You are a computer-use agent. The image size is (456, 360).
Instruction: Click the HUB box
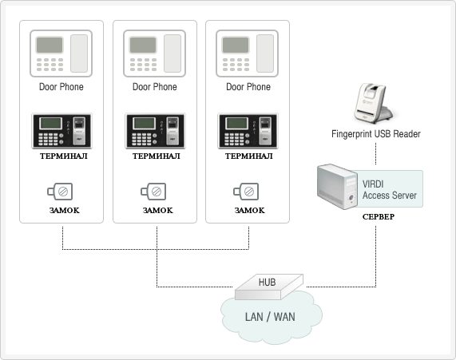pos(269,287)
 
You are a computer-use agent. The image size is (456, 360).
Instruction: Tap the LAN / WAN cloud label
pos(270,317)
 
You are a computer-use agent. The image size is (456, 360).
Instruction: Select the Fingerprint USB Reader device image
pos(374,103)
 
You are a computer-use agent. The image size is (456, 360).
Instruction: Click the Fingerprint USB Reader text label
pos(375,134)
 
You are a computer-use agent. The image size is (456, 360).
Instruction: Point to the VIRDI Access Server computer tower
pos(337,187)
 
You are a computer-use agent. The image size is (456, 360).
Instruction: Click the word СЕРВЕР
pos(379,216)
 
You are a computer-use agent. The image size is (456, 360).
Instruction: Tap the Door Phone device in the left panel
pos(61,53)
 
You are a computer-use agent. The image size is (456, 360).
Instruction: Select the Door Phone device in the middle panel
pos(154,53)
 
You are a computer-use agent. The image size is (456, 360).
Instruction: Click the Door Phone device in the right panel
pos(248,53)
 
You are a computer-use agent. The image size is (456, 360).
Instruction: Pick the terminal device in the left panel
pos(61,131)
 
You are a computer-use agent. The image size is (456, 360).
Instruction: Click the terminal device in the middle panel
pos(155,131)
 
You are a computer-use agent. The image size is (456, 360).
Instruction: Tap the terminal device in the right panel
pos(248,131)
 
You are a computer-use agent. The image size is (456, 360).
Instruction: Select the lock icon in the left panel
pos(60,192)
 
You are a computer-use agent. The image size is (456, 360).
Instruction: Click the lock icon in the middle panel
pos(153,192)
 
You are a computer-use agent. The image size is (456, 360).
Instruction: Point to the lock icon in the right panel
pos(246,192)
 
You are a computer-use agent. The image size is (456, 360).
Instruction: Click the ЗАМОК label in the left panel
pos(64,210)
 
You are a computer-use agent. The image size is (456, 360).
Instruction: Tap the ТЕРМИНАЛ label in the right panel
pos(249,156)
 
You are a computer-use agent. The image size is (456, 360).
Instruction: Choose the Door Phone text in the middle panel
pos(155,87)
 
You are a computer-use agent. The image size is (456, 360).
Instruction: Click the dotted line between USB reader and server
pos(375,153)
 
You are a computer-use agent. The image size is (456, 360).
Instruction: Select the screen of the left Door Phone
pos(50,45)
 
